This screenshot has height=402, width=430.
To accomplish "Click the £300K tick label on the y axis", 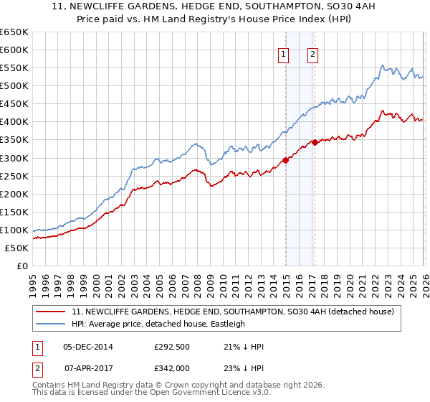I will tap(14, 158).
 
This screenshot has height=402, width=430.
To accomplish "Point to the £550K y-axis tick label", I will tap(14, 68).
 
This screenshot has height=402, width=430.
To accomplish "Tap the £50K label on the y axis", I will tap(16, 248).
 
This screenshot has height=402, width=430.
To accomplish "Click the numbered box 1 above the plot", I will tap(284, 54).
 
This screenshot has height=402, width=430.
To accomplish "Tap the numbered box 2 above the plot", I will tap(314, 54).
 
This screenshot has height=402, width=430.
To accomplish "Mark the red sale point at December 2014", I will tap(286, 160).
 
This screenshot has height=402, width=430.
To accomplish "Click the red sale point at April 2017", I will tap(315, 142).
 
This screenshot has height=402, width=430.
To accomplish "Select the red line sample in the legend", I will tap(50, 312).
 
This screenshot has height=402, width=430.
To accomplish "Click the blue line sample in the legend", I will tap(50, 324).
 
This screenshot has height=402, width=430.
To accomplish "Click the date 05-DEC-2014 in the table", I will tap(93, 347).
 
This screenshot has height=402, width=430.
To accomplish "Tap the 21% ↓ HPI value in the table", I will tap(244, 347).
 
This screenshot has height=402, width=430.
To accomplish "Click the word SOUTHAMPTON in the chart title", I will tap(256, 6).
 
